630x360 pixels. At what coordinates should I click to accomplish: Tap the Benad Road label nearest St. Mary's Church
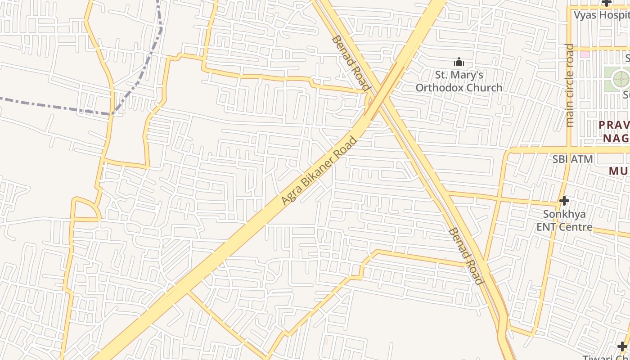[x=351, y=63]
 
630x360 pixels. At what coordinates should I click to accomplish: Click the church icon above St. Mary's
[x=459, y=62]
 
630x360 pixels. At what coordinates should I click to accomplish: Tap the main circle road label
[x=570, y=85]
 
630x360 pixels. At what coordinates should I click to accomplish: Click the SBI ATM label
[x=573, y=159]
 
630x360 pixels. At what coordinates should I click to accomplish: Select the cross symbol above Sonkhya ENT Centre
[x=564, y=201]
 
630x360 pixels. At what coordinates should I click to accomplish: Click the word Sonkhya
[x=564, y=214]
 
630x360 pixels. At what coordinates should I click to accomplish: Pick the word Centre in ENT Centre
[x=576, y=226]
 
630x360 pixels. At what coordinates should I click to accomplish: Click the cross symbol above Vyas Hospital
[x=607, y=3]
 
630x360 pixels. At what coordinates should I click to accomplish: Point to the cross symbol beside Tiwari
[x=622, y=346]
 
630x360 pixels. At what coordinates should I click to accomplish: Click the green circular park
[x=621, y=79]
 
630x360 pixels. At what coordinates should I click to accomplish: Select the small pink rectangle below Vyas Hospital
[x=585, y=54]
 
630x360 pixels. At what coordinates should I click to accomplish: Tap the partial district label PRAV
[x=614, y=125]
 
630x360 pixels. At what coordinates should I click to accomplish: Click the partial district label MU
[x=619, y=171]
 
